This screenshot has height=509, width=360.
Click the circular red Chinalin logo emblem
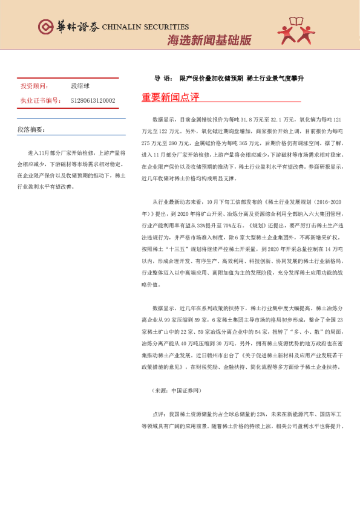pos(45,26)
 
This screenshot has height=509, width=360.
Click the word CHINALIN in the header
pos(123,27)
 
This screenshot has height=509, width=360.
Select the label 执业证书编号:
pos(39,100)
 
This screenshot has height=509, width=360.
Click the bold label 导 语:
pos(162,79)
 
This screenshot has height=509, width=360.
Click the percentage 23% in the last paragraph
pos(261,415)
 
